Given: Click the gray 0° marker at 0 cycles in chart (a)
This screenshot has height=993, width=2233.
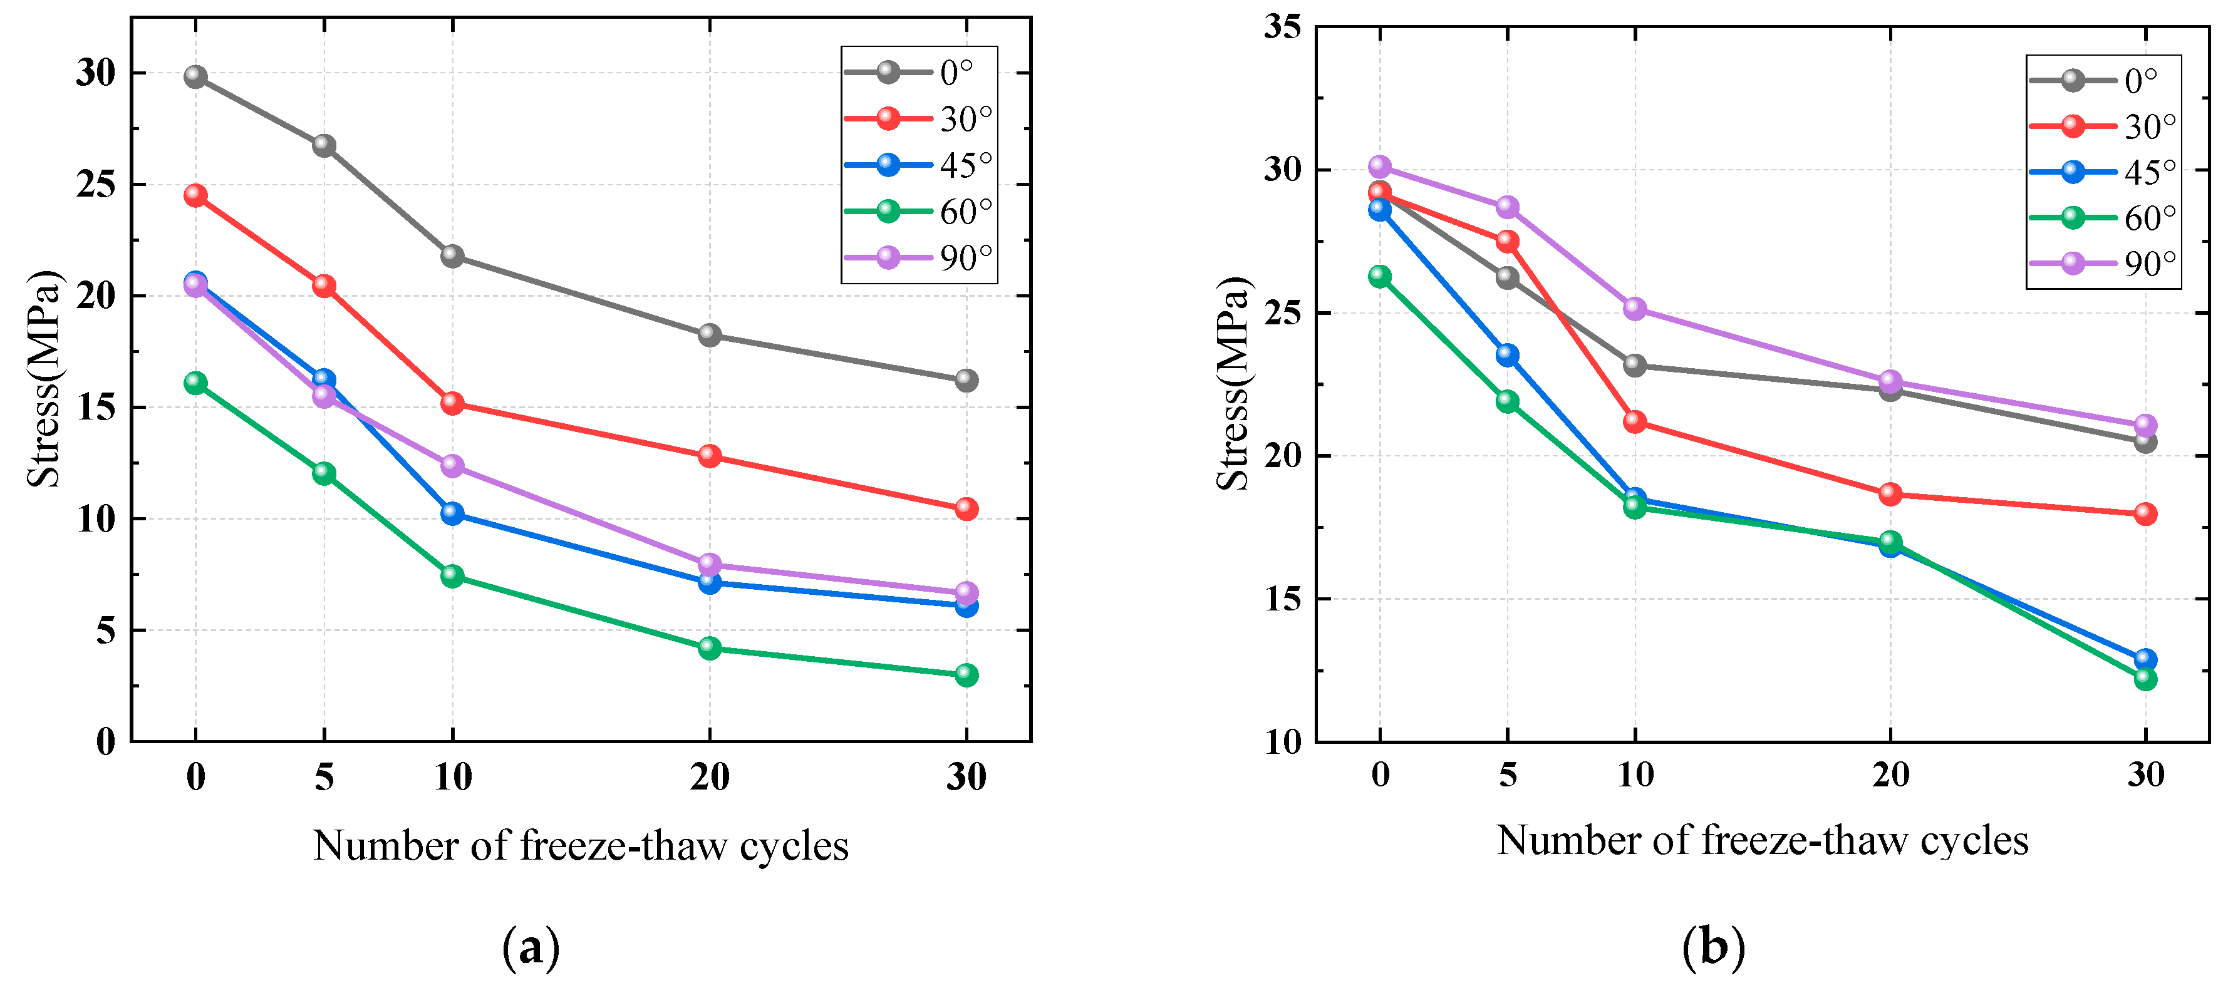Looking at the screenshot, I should pos(196,77).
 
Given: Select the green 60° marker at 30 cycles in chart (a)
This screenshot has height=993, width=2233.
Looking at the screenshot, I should pos(966,675).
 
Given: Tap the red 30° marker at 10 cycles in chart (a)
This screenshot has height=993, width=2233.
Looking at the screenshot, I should pos(452,403).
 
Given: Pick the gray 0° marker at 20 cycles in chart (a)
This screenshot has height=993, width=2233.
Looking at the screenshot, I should pos(710,334).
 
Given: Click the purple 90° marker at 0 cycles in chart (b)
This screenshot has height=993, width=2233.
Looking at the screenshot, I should pos(1380,167).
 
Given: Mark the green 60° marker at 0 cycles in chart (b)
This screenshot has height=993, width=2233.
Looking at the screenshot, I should pos(1380,276).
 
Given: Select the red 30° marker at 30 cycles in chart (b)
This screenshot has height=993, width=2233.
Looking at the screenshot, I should pos(2145,514).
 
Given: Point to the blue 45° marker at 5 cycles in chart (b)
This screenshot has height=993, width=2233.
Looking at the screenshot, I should pos(1508,354).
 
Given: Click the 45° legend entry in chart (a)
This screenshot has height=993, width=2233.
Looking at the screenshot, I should pos(920,165).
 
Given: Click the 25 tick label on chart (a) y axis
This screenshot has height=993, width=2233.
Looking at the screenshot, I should pos(95,185).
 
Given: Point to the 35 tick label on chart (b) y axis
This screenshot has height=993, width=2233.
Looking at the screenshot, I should pos(1281,27).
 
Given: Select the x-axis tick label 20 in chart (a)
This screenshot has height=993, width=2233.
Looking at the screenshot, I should pos(710,777).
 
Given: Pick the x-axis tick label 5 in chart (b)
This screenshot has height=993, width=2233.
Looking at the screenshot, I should pos(1508,774).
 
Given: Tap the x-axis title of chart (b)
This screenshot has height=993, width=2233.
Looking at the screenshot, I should pos(1763,840).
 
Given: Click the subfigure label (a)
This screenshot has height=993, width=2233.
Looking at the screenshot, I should pos(531,948).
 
